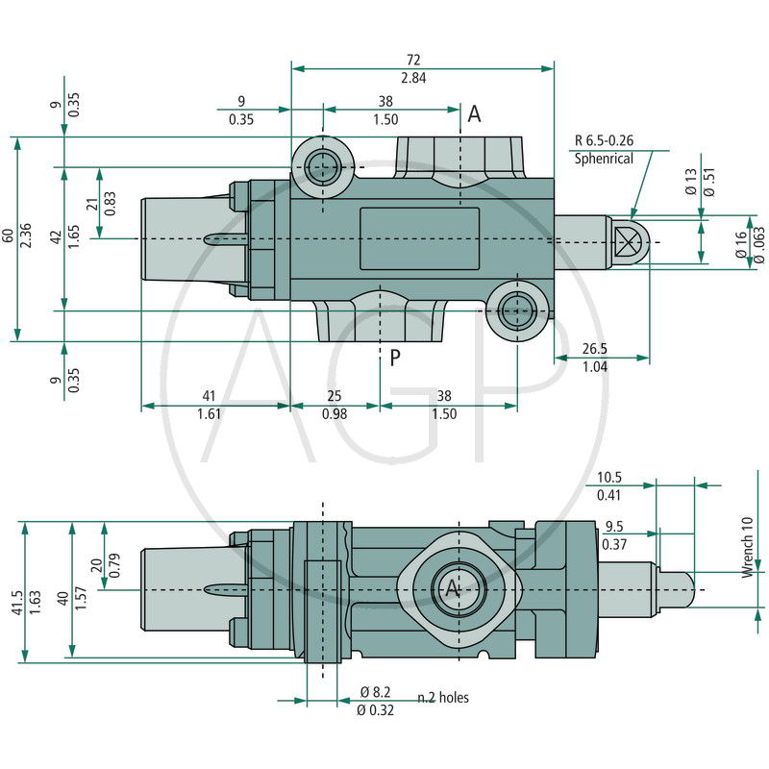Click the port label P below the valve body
coord(394,359)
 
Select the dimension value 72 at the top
coord(414,60)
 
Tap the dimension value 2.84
coord(414,78)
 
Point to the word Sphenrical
coord(604,159)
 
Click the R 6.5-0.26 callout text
coord(604,140)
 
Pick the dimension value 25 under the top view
coord(335,396)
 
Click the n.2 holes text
coord(443,697)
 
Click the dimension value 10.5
coord(609,477)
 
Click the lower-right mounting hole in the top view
coord(518,310)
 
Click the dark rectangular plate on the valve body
coord(419,239)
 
